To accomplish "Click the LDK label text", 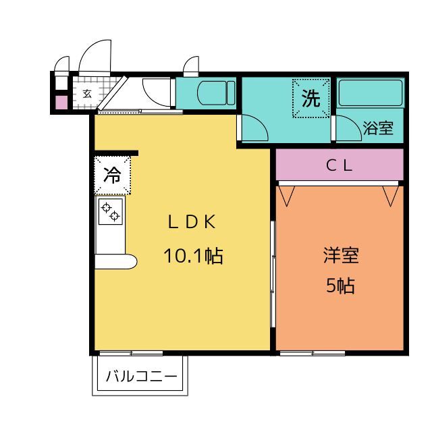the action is (x=192, y=222).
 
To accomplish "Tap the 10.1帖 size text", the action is (x=193, y=256).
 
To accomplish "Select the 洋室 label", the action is (x=341, y=255).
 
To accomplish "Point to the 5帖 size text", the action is (x=340, y=286).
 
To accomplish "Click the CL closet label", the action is (x=339, y=165).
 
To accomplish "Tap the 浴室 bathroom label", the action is (x=378, y=128).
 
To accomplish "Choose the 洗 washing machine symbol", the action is (x=311, y=99).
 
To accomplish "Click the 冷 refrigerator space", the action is (x=113, y=175).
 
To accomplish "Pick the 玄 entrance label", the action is (x=87, y=94).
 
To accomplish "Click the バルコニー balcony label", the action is (x=141, y=376).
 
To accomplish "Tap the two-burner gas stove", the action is (x=111, y=211).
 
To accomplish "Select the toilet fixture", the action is (x=216, y=93).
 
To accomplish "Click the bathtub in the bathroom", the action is (x=371, y=93).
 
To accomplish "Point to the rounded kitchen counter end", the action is (x=130, y=262).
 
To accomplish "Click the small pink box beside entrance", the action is (x=61, y=102).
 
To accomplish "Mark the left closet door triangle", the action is (x=286, y=196).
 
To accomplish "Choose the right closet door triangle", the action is (x=391, y=196).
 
